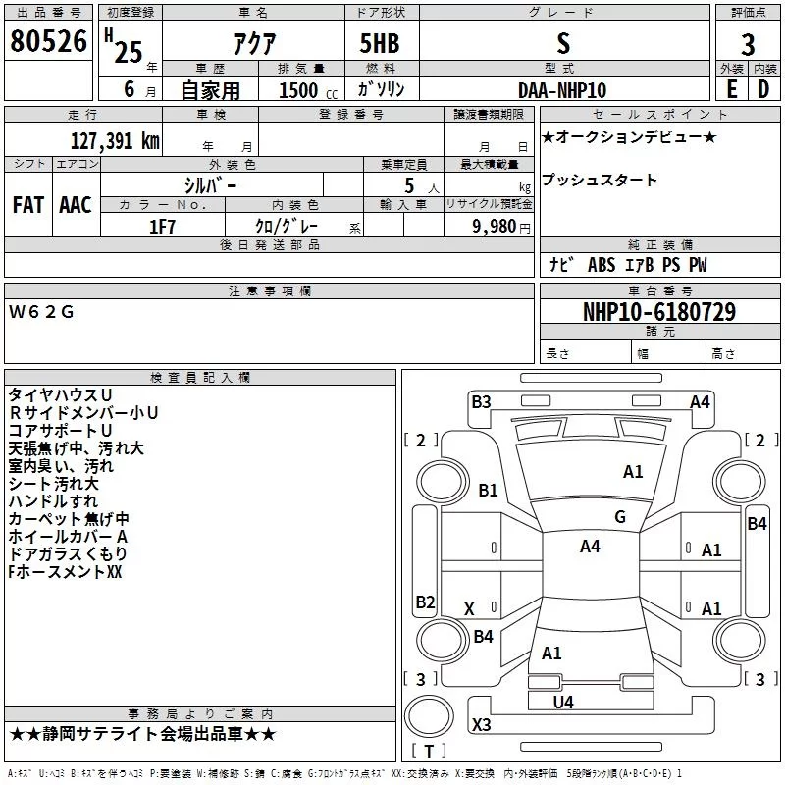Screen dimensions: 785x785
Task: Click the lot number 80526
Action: click(48, 41)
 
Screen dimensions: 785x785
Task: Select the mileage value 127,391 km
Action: click(115, 141)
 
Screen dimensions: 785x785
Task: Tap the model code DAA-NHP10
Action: click(562, 90)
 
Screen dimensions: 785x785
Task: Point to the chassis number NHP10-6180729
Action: click(659, 312)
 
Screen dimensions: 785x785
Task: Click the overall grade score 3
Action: click(748, 45)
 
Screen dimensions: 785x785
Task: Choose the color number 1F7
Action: click(162, 227)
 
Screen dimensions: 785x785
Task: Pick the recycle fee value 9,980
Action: click(495, 227)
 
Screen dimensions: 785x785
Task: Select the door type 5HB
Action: click(380, 43)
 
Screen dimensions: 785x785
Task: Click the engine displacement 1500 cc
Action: click(308, 90)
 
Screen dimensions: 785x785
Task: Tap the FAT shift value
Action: click(28, 205)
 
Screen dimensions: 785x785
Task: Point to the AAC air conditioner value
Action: click(76, 205)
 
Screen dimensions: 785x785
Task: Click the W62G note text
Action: click(41, 312)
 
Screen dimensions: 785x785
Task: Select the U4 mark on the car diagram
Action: click(563, 703)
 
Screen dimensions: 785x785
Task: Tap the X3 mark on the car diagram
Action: click(481, 724)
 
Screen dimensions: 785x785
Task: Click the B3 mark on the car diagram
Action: click(481, 402)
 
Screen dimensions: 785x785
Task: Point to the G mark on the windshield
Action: click(620, 517)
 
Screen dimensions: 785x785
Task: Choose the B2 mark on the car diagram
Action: click(425, 602)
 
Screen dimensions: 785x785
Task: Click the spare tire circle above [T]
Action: click(429, 716)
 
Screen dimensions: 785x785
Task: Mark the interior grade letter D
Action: click(763, 89)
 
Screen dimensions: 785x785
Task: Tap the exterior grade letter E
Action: click(732, 89)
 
